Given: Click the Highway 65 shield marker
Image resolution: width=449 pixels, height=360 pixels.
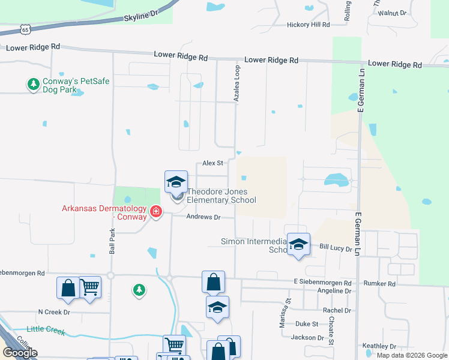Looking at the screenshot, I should pyautogui.click(x=24, y=29).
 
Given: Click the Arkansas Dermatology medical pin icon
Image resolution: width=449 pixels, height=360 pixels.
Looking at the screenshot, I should pyautogui.click(x=156, y=211).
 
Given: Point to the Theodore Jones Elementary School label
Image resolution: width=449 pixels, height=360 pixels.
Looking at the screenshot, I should pyautogui.click(x=221, y=196).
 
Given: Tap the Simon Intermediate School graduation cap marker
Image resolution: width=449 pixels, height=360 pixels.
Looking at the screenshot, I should pyautogui.click(x=298, y=244).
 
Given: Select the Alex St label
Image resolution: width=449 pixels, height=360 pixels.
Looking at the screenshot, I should pyautogui.click(x=212, y=163).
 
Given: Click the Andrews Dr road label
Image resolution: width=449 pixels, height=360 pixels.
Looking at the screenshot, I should pyautogui.click(x=203, y=217).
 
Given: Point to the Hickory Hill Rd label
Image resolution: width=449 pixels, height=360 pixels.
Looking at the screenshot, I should pyautogui.click(x=309, y=25).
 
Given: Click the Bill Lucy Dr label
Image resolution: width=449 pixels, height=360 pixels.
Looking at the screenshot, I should pyautogui.click(x=335, y=247).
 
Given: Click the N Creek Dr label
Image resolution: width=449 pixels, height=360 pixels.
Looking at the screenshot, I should pyautogui.click(x=54, y=312).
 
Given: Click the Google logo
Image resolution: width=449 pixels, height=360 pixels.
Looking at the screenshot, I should pyautogui.click(x=20, y=353).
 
